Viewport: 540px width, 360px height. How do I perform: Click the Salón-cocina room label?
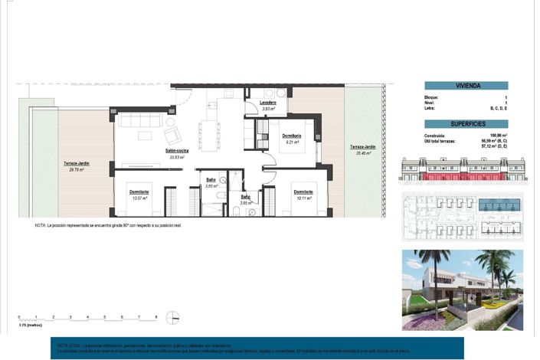click(x=177, y=151)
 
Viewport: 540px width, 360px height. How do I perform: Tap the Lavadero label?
click(x=267, y=103)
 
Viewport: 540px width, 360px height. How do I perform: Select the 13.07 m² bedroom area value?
click(x=139, y=198)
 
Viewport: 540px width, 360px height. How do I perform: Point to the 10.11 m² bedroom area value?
click(x=303, y=198)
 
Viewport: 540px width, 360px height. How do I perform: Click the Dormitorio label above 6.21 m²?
click(x=290, y=135)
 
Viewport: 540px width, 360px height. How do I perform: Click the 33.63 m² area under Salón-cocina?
click(x=177, y=158)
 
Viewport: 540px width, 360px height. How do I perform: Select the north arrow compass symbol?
click(x=175, y=316)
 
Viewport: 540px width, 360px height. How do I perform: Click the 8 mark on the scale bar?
click(x=156, y=316)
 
